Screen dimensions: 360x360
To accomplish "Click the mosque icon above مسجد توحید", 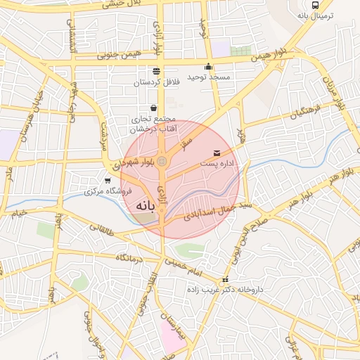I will point(208,66).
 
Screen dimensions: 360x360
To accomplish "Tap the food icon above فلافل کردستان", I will point(156,71).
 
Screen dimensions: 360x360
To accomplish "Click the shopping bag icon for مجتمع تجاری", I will point(153,109).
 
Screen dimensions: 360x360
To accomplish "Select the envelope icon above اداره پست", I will point(215,153).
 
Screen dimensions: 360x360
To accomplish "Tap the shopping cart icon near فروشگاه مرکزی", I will point(107,181).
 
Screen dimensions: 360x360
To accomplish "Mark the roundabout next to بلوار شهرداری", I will point(162,162).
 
